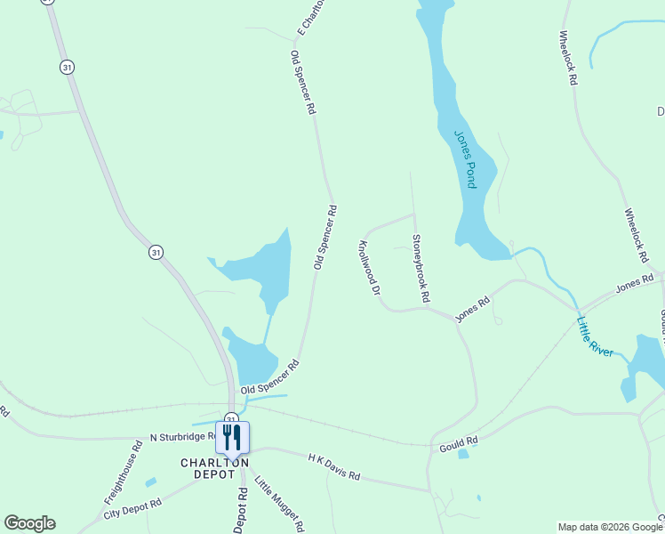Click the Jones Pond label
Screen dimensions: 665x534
(466, 158)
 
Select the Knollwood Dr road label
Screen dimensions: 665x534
(369, 267)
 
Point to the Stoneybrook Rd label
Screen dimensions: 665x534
(421, 267)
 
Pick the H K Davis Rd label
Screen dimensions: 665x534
(333, 466)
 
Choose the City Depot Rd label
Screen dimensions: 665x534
(132, 509)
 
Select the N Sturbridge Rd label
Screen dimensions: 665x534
(182, 437)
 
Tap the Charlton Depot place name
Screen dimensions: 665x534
(214, 468)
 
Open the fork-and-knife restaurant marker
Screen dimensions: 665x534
(232, 438)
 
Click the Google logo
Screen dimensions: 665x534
(29, 523)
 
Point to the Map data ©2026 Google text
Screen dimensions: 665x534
(610, 527)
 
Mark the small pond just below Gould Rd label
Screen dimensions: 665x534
(463, 454)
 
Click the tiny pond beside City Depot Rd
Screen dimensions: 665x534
(150, 482)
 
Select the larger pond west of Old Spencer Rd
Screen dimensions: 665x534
(262, 271)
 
